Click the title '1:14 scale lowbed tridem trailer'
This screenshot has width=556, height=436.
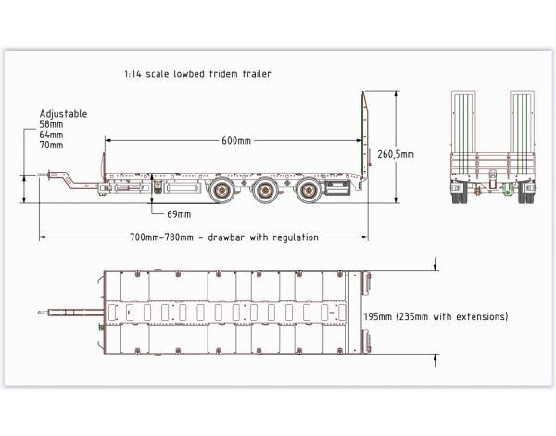(x=196, y=73)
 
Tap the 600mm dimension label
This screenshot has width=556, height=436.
(x=235, y=141)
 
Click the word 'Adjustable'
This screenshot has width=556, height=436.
(x=63, y=114)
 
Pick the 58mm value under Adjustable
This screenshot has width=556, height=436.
(x=52, y=124)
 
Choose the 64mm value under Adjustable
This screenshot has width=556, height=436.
(x=52, y=135)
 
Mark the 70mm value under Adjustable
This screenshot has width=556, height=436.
(x=52, y=145)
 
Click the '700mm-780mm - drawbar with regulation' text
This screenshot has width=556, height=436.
(x=224, y=237)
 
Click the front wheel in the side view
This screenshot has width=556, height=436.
(x=221, y=192)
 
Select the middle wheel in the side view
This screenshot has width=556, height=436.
(x=264, y=192)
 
